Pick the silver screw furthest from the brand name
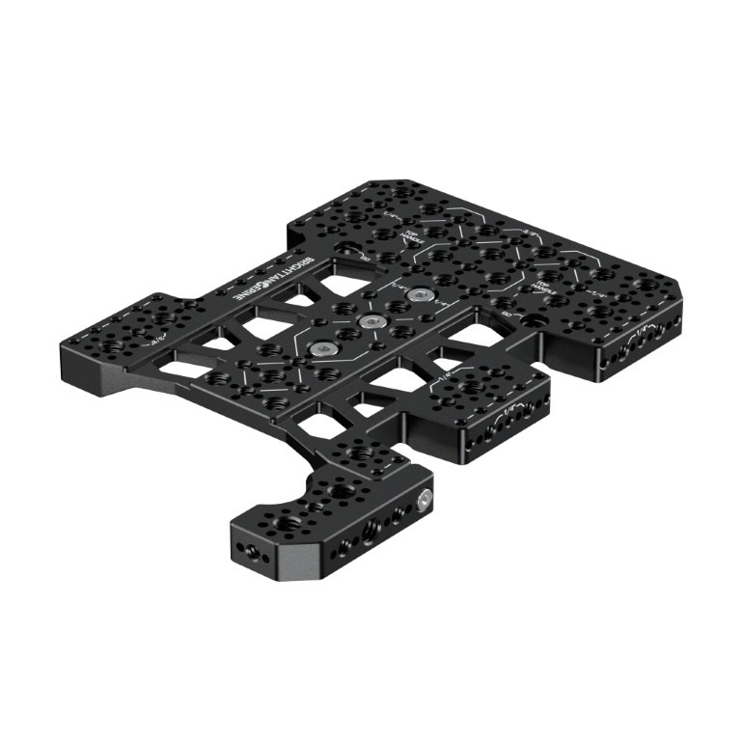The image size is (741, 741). [x=417, y=293]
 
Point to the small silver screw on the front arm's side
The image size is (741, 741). [x=425, y=500]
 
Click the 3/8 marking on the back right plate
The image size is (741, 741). [x=529, y=232]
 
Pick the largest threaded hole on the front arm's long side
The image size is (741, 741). [x=369, y=529]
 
